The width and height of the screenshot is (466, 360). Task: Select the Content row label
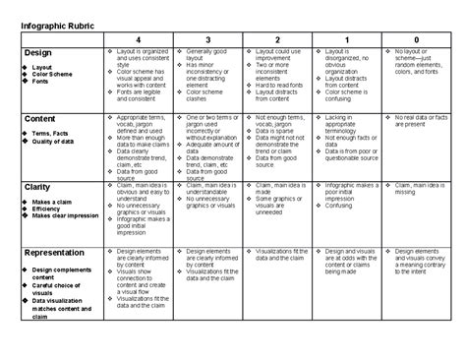[x=42, y=118]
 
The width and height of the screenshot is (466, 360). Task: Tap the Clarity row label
[x=39, y=186]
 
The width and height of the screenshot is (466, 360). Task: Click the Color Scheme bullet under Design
[x=56, y=75]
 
